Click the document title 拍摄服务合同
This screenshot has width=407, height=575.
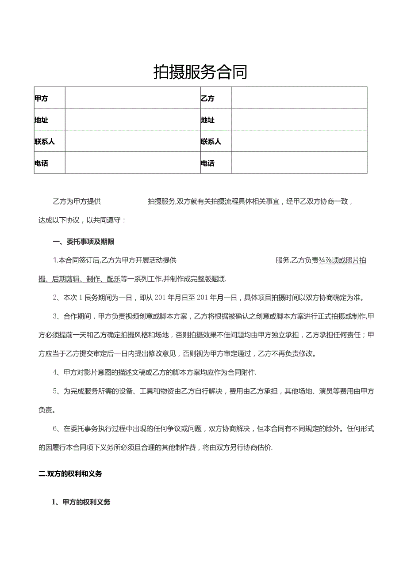click(200, 72)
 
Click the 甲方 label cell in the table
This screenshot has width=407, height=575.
click(41, 98)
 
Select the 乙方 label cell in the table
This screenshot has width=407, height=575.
click(207, 98)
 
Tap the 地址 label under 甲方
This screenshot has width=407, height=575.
click(41, 120)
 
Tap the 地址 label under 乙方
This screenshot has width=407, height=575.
click(207, 120)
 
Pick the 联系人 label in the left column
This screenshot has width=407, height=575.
click(44, 142)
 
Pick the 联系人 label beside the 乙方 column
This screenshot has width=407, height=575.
click(211, 142)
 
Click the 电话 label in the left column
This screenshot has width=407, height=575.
click(41, 163)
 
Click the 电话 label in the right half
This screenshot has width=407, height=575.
click(207, 163)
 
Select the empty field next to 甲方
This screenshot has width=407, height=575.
click(132, 98)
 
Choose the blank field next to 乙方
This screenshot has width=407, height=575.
click(299, 98)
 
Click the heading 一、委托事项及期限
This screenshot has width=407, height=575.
click(84, 242)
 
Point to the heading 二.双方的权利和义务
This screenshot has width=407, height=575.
click(71, 474)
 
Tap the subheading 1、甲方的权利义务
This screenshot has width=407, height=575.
click(81, 502)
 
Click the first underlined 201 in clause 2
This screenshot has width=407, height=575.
click(160, 298)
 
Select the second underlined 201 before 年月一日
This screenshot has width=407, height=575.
click(202, 298)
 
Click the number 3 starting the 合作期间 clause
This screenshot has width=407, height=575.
click(54, 316)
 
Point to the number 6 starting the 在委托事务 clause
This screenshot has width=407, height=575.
click(54, 428)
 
